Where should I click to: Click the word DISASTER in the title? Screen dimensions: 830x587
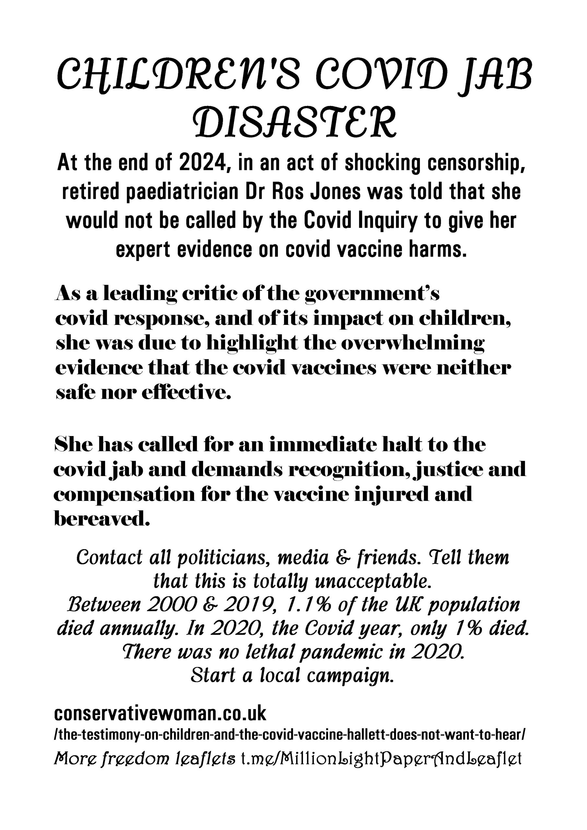[x=293, y=122]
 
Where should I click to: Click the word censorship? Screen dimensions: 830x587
[x=471, y=163]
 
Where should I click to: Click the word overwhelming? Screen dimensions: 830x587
[x=412, y=343]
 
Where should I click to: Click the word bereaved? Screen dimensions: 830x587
[x=102, y=519]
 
